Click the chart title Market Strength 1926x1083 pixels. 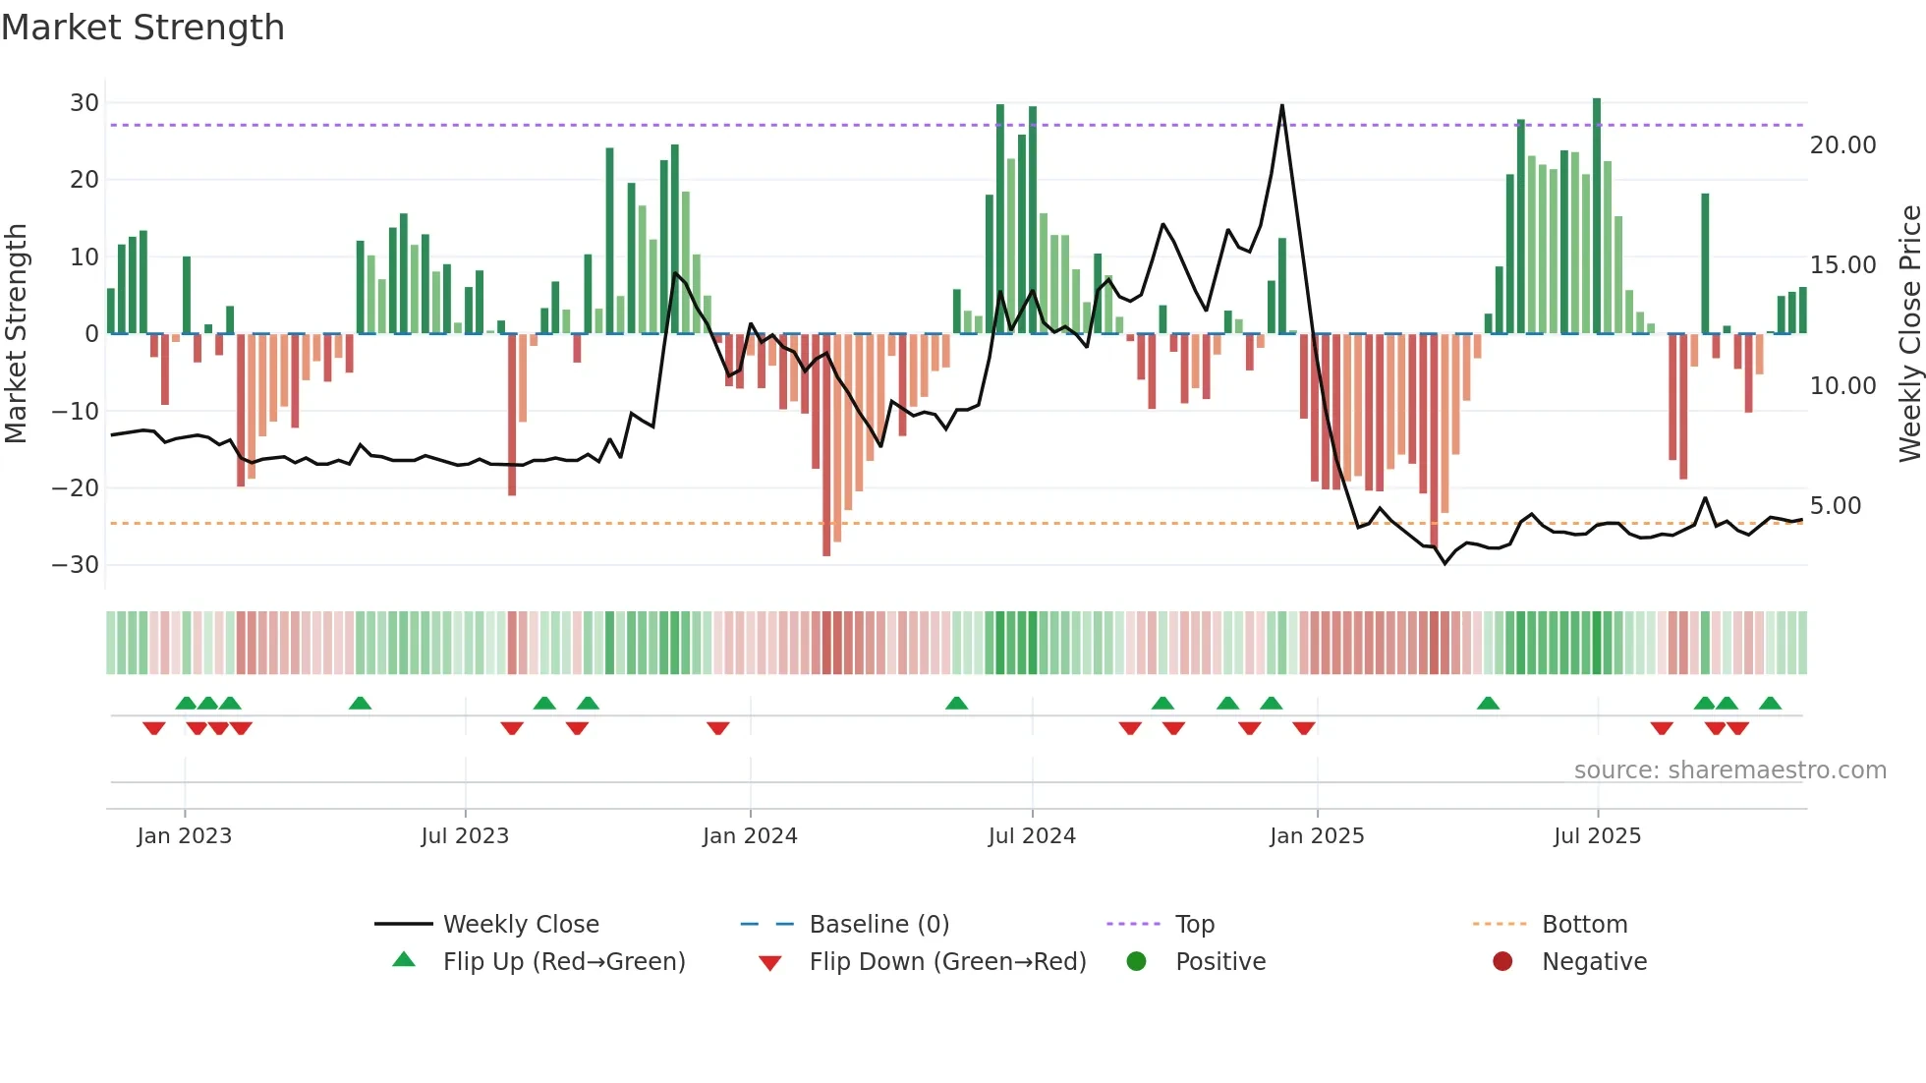pos(142,28)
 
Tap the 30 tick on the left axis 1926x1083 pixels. pos(85,103)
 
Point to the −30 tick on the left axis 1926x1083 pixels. pos(76,565)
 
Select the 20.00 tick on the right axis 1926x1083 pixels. pos(1842,145)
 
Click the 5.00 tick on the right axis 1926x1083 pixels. pos(1835,506)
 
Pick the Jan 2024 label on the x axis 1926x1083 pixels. pos(750,836)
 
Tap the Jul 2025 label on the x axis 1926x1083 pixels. pos(1597,836)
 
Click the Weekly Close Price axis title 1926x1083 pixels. pos(1909,334)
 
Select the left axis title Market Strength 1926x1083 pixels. pos(16,334)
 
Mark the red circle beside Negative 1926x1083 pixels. pos(1502,962)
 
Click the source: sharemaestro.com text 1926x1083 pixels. pos(1729,770)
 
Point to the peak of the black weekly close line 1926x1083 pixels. pos(1281,106)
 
